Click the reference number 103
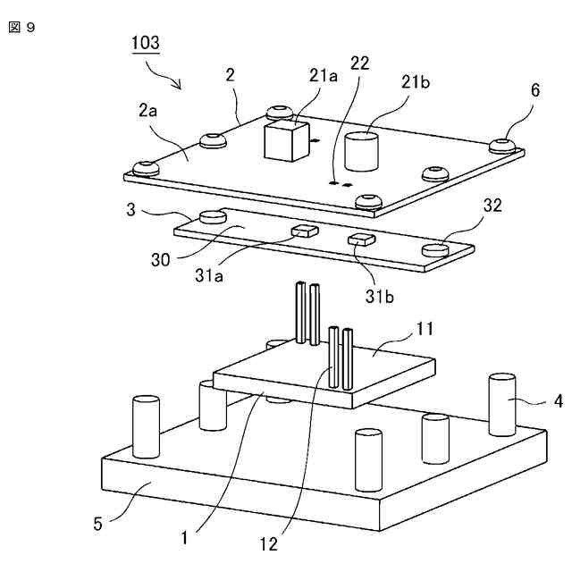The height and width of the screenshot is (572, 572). [146, 43]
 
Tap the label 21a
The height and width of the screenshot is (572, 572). [324, 78]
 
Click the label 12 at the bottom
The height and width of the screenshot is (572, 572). [269, 543]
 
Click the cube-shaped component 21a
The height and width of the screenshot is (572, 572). [284, 139]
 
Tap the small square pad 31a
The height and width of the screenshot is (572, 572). [305, 231]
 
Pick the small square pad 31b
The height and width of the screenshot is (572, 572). [362, 238]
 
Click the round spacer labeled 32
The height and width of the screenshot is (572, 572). [435, 249]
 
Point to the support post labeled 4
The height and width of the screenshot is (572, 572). [502, 404]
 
